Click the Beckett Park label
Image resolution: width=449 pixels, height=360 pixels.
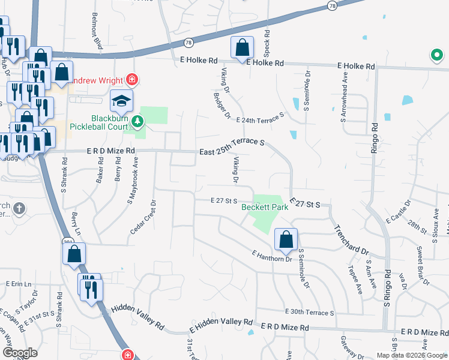pos(265,208)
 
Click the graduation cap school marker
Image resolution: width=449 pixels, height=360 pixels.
pos(121,102)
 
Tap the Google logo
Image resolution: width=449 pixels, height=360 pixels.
pos(20,353)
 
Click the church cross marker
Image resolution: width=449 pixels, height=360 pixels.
pos(19,209)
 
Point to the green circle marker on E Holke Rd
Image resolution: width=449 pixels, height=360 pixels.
pos(436,56)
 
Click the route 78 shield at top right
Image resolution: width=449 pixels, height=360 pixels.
pos(332,5)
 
